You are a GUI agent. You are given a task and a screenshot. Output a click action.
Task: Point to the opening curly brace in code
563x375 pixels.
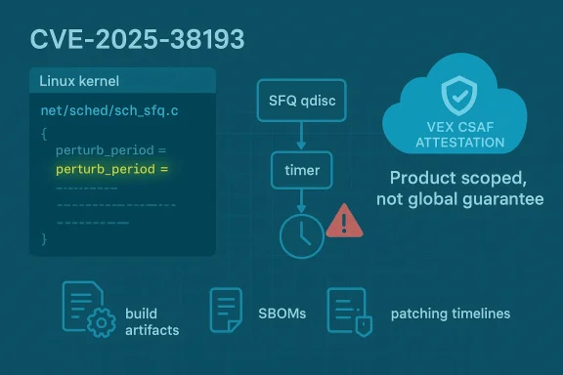[44, 132]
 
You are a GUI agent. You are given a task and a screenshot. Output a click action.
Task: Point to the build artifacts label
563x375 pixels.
[152, 322]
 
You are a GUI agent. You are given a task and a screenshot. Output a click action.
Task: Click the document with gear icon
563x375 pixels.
[86, 311]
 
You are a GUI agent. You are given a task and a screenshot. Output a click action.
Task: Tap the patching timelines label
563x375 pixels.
[450, 314]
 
